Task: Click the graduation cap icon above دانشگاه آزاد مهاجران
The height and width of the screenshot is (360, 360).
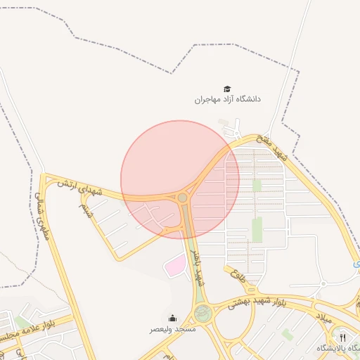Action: [x=227, y=89]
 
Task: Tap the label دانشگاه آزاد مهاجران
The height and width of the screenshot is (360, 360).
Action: [x=227, y=100]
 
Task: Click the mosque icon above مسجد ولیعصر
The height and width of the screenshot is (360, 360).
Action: [x=173, y=319]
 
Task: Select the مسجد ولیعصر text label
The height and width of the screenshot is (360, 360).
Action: [x=172, y=329]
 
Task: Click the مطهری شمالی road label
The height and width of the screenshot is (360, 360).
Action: [x=42, y=215]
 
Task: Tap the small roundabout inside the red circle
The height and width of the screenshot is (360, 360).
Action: [x=183, y=198]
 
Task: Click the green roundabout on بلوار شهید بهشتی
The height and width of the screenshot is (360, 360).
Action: [x=203, y=314]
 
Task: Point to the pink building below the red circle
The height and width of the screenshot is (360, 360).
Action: [x=174, y=266]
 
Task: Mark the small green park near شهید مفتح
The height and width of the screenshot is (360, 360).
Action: [x=257, y=185]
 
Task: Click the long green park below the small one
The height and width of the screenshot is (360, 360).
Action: [x=257, y=229]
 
